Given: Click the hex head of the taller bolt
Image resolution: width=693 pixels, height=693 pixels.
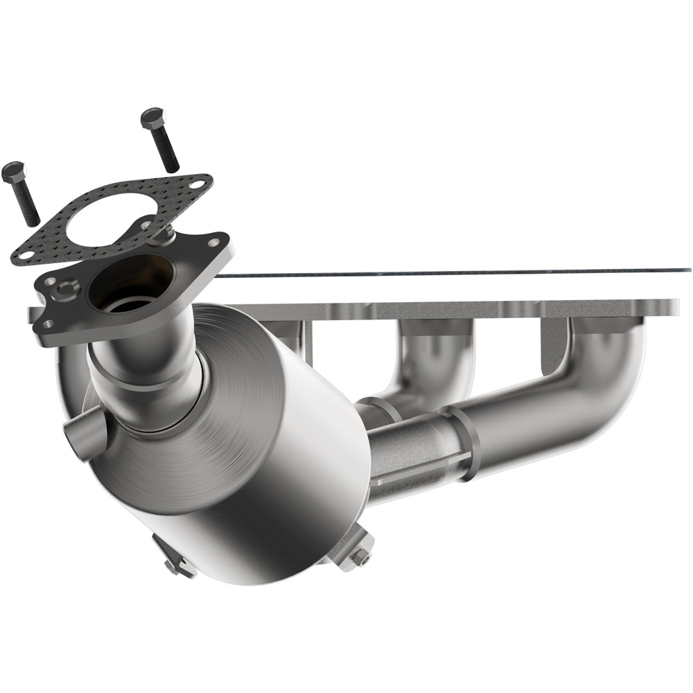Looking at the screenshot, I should [x=151, y=117].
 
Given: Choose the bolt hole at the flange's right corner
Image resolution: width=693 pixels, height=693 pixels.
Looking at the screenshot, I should [x=214, y=243].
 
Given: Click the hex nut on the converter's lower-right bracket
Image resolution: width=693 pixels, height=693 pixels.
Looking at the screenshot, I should [x=359, y=556].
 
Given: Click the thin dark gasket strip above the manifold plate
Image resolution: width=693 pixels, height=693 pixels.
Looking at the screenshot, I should [x=450, y=272].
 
